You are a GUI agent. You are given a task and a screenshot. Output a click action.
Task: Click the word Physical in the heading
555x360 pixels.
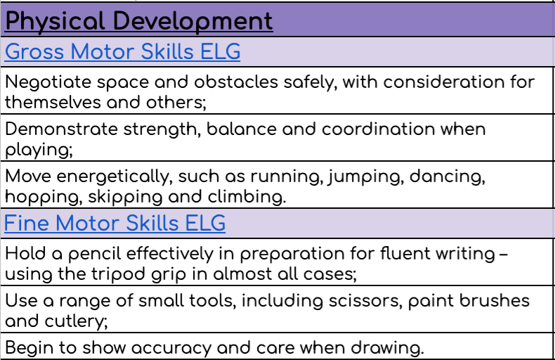[55, 22]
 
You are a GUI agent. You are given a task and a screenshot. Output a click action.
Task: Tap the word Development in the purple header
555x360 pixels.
[193, 22]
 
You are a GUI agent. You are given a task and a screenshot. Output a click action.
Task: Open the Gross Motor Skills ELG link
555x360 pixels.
[122, 52]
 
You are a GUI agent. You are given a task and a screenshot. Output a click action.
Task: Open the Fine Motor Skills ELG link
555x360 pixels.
[115, 223]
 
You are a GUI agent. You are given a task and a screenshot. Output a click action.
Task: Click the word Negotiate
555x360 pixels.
[48, 83]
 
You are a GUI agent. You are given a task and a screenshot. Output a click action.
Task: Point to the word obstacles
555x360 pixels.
[236, 82]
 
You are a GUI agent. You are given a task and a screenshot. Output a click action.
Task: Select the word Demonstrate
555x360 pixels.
[61, 129]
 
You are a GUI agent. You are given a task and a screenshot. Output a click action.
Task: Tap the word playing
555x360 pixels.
[39, 150]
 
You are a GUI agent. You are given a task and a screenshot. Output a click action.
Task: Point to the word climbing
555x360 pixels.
[247, 197]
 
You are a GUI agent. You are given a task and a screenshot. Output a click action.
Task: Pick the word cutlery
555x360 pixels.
[76, 322]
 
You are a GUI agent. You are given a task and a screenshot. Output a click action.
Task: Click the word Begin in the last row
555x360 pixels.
[30, 348]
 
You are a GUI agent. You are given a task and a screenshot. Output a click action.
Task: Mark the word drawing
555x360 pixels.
[387, 348]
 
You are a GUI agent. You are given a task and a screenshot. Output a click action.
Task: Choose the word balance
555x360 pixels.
[242, 129]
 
